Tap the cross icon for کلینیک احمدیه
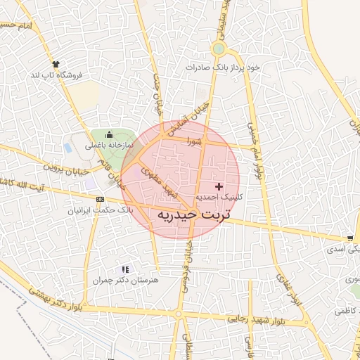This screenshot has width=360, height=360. (x=218, y=186)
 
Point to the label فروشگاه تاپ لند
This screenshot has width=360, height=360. (x=56, y=75)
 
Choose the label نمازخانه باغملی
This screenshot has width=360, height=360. (x=109, y=146)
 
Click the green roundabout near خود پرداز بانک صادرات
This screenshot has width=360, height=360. (x=219, y=49)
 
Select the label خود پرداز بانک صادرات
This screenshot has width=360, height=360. (x=223, y=67)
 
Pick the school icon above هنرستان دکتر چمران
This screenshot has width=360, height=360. (x=125, y=269)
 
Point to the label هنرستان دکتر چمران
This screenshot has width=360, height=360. (x=127, y=281)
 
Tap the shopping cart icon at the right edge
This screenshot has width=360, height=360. (x=350, y=238)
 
